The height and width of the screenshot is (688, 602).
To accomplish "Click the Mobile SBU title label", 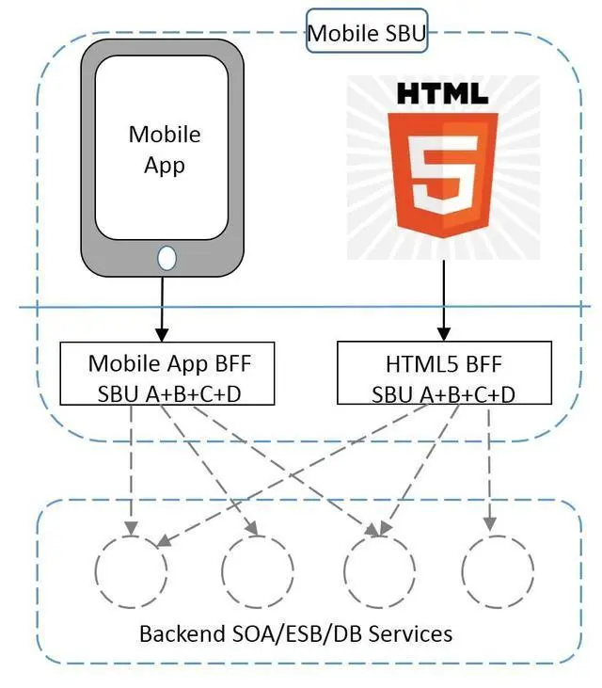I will (367, 34).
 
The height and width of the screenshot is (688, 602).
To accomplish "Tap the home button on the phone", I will (166, 257).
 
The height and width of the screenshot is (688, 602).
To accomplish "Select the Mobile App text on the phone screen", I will (165, 149).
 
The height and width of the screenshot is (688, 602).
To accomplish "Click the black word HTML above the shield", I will (441, 94).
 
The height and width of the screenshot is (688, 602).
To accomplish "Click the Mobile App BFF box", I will (169, 376).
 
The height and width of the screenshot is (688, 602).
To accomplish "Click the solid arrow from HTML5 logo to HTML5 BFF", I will (443, 301).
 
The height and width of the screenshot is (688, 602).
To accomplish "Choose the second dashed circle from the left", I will (256, 570).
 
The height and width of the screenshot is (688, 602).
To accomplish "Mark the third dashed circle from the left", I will (378, 570).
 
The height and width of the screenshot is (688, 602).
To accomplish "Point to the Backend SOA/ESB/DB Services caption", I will (295, 633).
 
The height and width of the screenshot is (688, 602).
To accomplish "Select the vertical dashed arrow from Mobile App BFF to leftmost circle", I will (132, 466).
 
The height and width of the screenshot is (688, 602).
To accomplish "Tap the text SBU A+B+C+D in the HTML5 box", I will (443, 393).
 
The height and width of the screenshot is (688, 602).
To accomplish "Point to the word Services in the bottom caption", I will (411, 633).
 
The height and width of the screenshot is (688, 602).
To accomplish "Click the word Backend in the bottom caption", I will (178, 633).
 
